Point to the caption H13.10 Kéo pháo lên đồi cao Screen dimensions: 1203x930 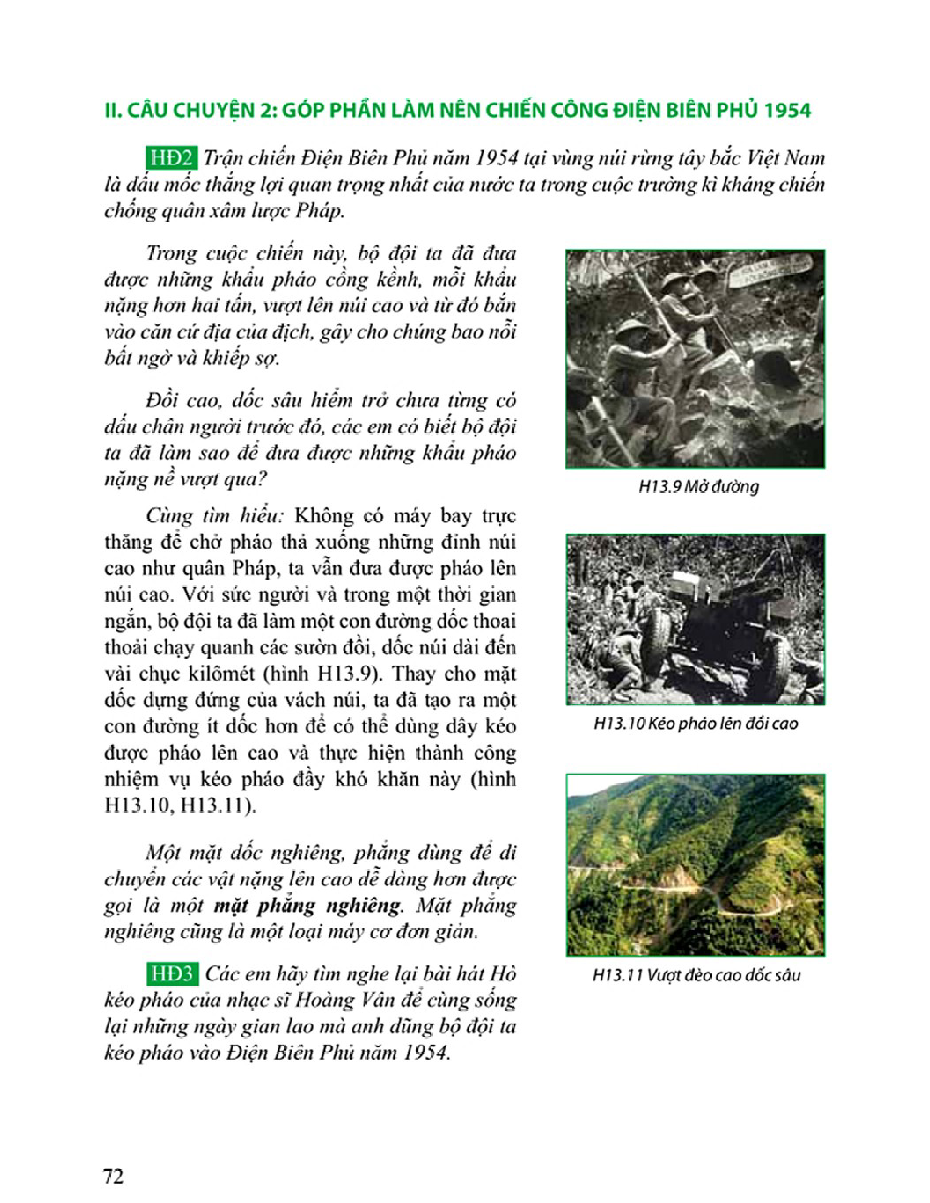coord(695,723)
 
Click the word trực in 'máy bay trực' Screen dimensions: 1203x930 coord(497,516)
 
